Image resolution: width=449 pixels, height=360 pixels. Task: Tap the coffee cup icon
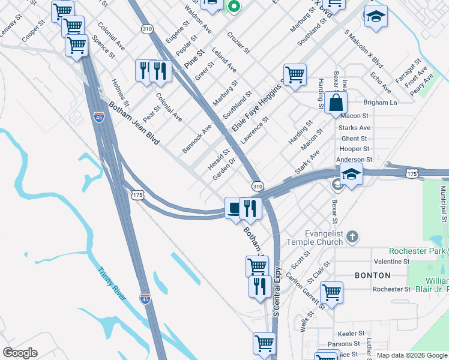click(234, 208)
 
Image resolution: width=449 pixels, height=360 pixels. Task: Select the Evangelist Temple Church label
click(316, 237)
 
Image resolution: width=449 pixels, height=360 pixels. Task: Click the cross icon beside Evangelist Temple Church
click(353, 237)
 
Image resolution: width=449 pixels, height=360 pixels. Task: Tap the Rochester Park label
click(417, 250)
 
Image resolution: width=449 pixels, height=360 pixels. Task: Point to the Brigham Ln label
click(376, 103)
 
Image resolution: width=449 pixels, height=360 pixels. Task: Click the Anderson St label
click(355, 160)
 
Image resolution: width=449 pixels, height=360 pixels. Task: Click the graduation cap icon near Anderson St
click(352, 175)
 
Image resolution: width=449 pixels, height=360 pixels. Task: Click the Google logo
click(19, 353)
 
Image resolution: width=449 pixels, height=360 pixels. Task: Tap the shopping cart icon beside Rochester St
click(331, 293)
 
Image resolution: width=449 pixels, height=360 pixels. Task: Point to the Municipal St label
click(443, 204)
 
